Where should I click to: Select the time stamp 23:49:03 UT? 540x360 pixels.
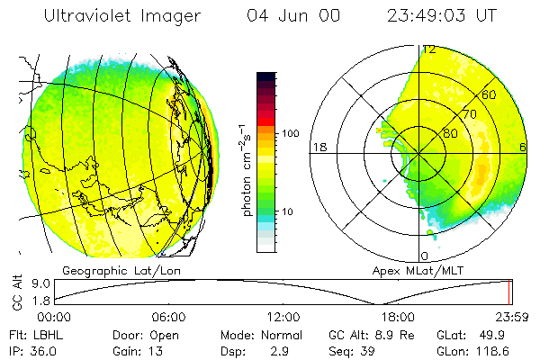coord(441,16)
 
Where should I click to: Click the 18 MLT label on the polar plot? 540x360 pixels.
coord(318,147)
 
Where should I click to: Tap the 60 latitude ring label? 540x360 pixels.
coord(490,94)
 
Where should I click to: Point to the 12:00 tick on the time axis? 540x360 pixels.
coord(283,317)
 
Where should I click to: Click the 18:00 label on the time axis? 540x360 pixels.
coord(398,317)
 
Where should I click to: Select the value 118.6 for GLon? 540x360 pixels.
coord(505,350)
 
